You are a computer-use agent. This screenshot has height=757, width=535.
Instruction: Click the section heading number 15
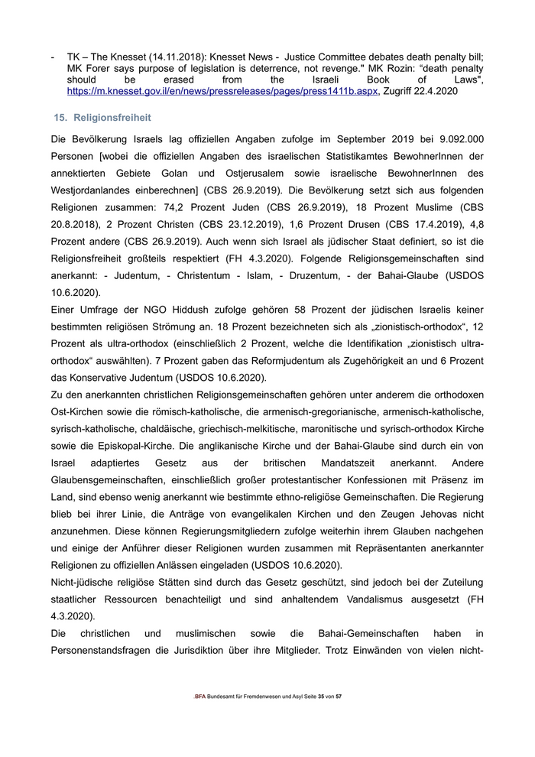[x=59, y=118]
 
